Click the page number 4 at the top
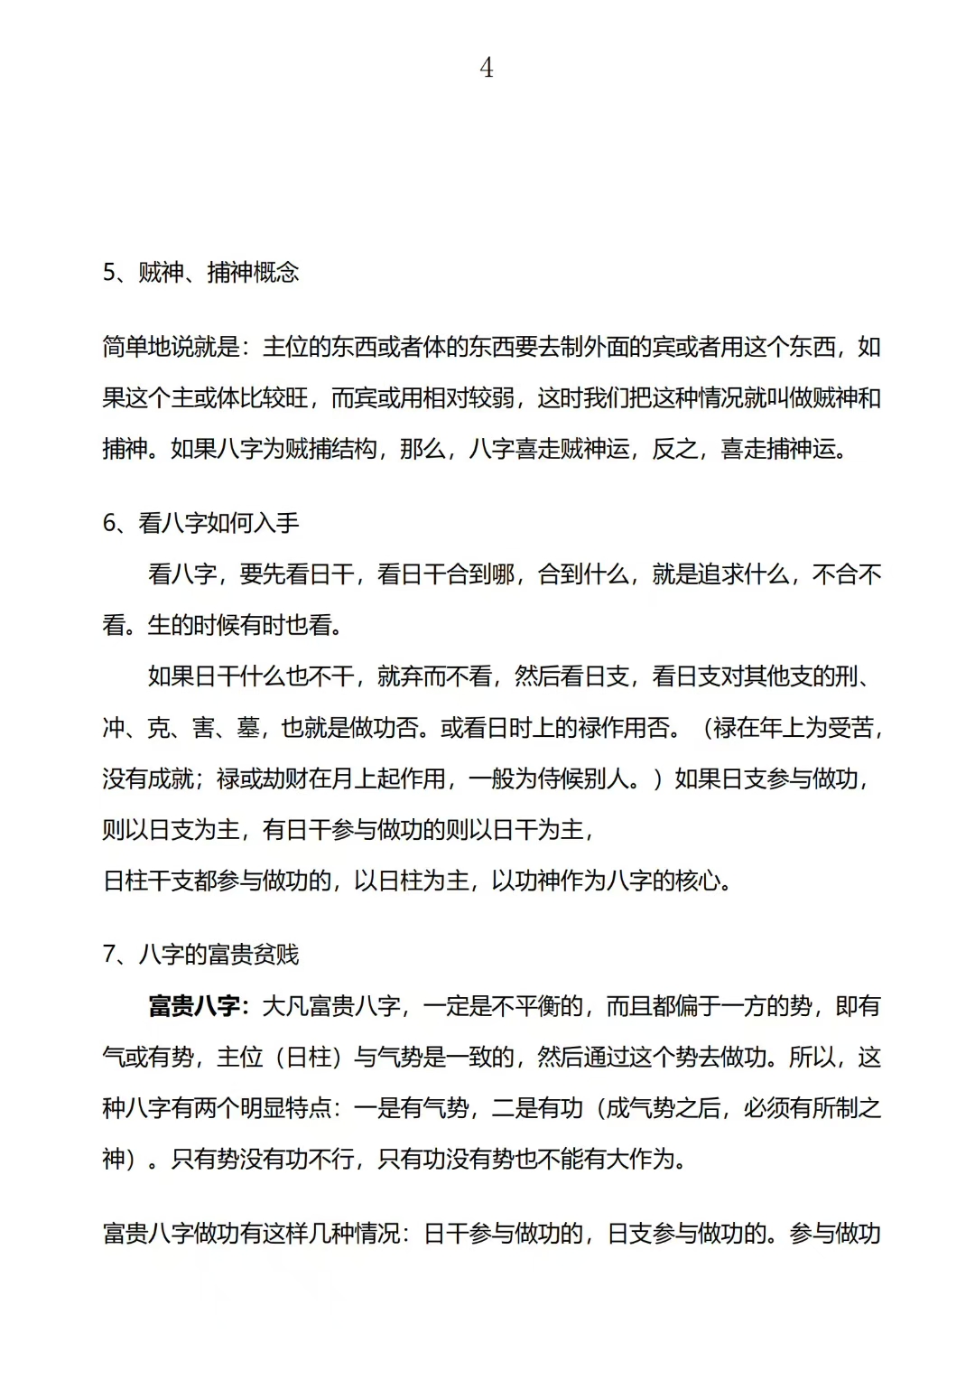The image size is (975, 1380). point(487,68)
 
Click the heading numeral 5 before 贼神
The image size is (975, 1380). point(108,273)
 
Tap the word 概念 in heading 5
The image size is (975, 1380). point(276,273)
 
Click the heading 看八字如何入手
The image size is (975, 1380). point(218,523)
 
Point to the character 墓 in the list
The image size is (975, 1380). point(248,728)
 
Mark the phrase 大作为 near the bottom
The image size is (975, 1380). point(641,1159)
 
